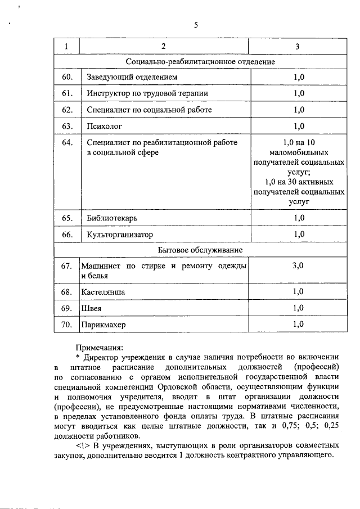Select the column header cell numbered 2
164,46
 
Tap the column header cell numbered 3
298,46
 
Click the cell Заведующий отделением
133,76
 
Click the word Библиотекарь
112,218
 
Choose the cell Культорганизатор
120,234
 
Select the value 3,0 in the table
298,265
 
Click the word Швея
91,308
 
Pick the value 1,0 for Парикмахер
298,324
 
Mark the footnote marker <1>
83,445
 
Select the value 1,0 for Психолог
298,126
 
